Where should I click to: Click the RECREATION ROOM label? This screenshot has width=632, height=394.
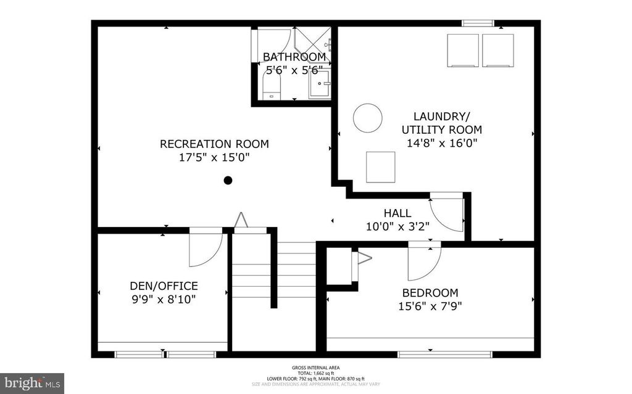tap(214, 144)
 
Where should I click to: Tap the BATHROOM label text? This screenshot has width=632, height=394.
tap(294, 57)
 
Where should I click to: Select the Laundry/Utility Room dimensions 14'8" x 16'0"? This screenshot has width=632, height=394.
tap(441, 143)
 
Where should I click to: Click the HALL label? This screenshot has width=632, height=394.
tap(397, 213)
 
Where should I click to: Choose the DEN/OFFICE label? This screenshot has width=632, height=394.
tap(164, 286)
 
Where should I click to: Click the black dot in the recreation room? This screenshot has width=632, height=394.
tap(228, 181)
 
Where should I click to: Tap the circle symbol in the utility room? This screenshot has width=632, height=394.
tap(367, 117)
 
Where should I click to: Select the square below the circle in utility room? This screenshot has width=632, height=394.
tap(380, 167)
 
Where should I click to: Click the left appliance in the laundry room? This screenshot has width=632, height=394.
tap(462, 50)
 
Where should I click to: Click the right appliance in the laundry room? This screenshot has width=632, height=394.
tap(497, 50)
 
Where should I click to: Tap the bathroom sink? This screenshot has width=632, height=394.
tap(320, 84)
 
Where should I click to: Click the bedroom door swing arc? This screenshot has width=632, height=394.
tap(424, 262)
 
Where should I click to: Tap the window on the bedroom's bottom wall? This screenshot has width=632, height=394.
tap(444, 355)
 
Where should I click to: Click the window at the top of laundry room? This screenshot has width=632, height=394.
tap(478, 23)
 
